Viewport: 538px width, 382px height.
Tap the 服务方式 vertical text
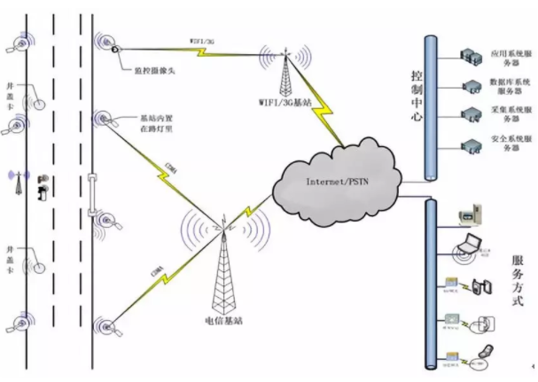coord(518,282)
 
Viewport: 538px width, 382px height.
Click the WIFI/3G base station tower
coord(286,71)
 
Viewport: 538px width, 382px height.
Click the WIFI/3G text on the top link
coord(203,42)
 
